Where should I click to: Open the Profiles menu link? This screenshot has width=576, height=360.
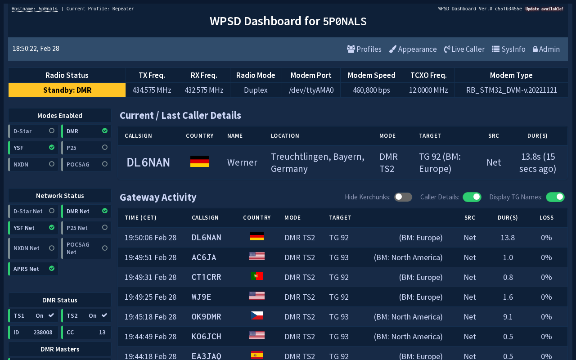click(x=364, y=49)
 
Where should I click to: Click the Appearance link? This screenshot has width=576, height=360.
click(x=413, y=49)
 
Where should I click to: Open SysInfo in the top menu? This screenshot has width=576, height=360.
click(x=508, y=49)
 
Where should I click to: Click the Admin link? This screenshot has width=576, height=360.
click(x=546, y=49)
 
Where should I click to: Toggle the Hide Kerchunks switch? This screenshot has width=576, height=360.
click(x=403, y=197)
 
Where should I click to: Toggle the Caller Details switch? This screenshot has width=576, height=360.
click(x=472, y=197)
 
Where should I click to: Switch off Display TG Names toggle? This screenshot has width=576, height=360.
click(x=555, y=197)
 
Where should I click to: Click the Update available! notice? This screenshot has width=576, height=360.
click(x=544, y=9)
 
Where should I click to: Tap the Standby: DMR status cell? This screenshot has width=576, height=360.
click(x=67, y=90)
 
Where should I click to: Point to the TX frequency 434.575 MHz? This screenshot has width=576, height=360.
click(x=152, y=90)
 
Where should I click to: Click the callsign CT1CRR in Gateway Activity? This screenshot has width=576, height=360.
click(x=206, y=277)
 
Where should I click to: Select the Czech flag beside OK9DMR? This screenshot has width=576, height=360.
click(x=257, y=316)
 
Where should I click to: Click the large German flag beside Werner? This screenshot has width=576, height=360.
click(x=200, y=162)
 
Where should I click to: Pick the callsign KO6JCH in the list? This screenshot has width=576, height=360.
click(x=206, y=337)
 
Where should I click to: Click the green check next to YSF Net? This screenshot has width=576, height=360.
click(x=52, y=228)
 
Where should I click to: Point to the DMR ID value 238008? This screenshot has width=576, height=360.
click(x=43, y=333)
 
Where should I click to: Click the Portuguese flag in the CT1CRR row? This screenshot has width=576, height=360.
click(x=257, y=276)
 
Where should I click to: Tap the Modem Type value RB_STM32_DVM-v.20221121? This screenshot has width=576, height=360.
click(x=511, y=90)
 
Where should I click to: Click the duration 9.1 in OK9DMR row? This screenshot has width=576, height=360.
click(x=508, y=317)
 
